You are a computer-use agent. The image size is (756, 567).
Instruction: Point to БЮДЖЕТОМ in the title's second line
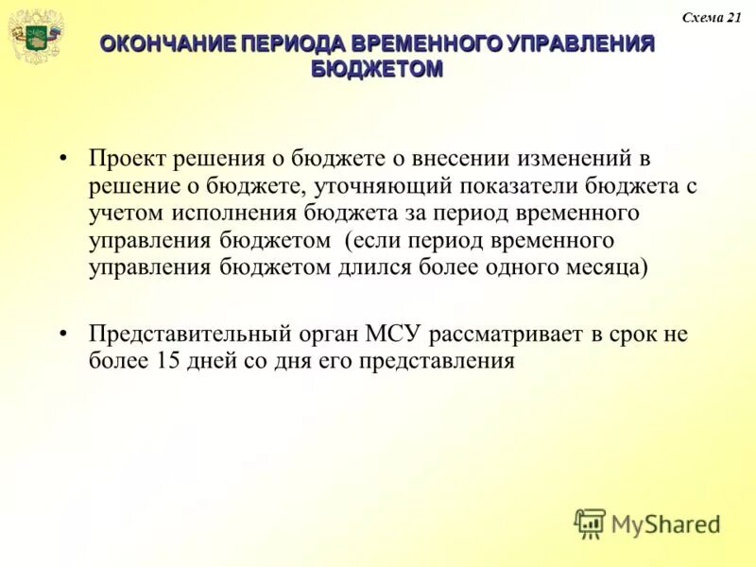click(x=377, y=69)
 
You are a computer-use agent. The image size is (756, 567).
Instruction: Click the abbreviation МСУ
click(x=400, y=335)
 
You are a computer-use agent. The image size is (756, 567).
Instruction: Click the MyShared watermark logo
click(x=648, y=523)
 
